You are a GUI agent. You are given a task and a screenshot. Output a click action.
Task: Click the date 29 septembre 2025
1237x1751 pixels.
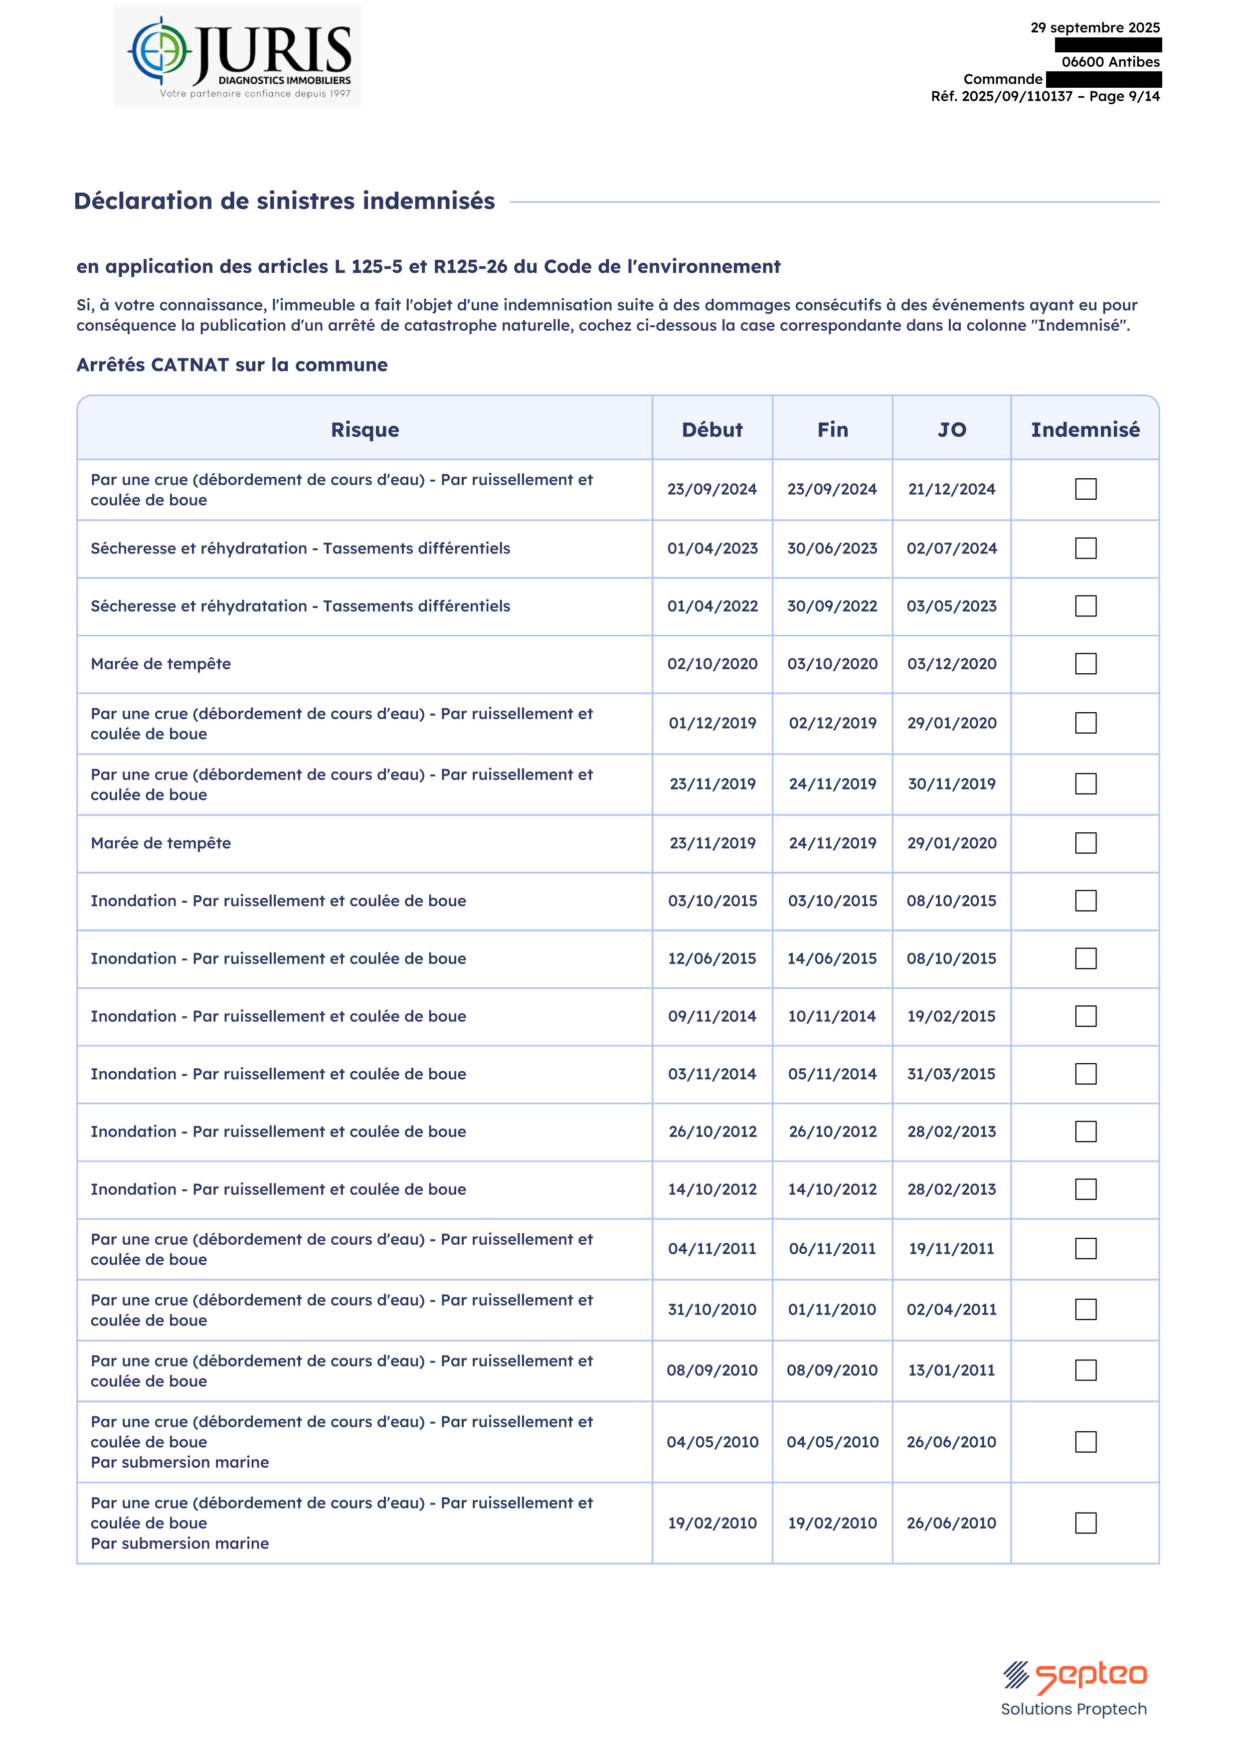pos(1094,27)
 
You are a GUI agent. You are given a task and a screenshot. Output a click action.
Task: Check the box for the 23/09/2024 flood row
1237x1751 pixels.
pos(1085,489)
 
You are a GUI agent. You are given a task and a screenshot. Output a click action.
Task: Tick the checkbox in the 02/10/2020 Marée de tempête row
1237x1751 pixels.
pos(1085,663)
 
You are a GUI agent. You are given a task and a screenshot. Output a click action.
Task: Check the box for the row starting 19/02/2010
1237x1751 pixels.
pos(1085,1523)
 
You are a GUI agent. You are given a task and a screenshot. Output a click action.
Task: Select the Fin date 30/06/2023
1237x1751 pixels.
pos(832,548)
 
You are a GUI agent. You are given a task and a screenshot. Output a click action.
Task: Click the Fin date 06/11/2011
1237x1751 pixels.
pos(832,1248)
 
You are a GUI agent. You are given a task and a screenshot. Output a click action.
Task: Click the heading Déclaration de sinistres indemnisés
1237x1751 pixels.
pos(285,200)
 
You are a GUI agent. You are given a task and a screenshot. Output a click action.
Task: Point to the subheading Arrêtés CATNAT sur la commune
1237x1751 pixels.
pos(232,365)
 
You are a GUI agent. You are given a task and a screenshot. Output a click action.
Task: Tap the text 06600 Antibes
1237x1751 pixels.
pos(1110,62)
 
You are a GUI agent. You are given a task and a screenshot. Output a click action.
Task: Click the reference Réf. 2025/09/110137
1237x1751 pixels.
pos(1001,96)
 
